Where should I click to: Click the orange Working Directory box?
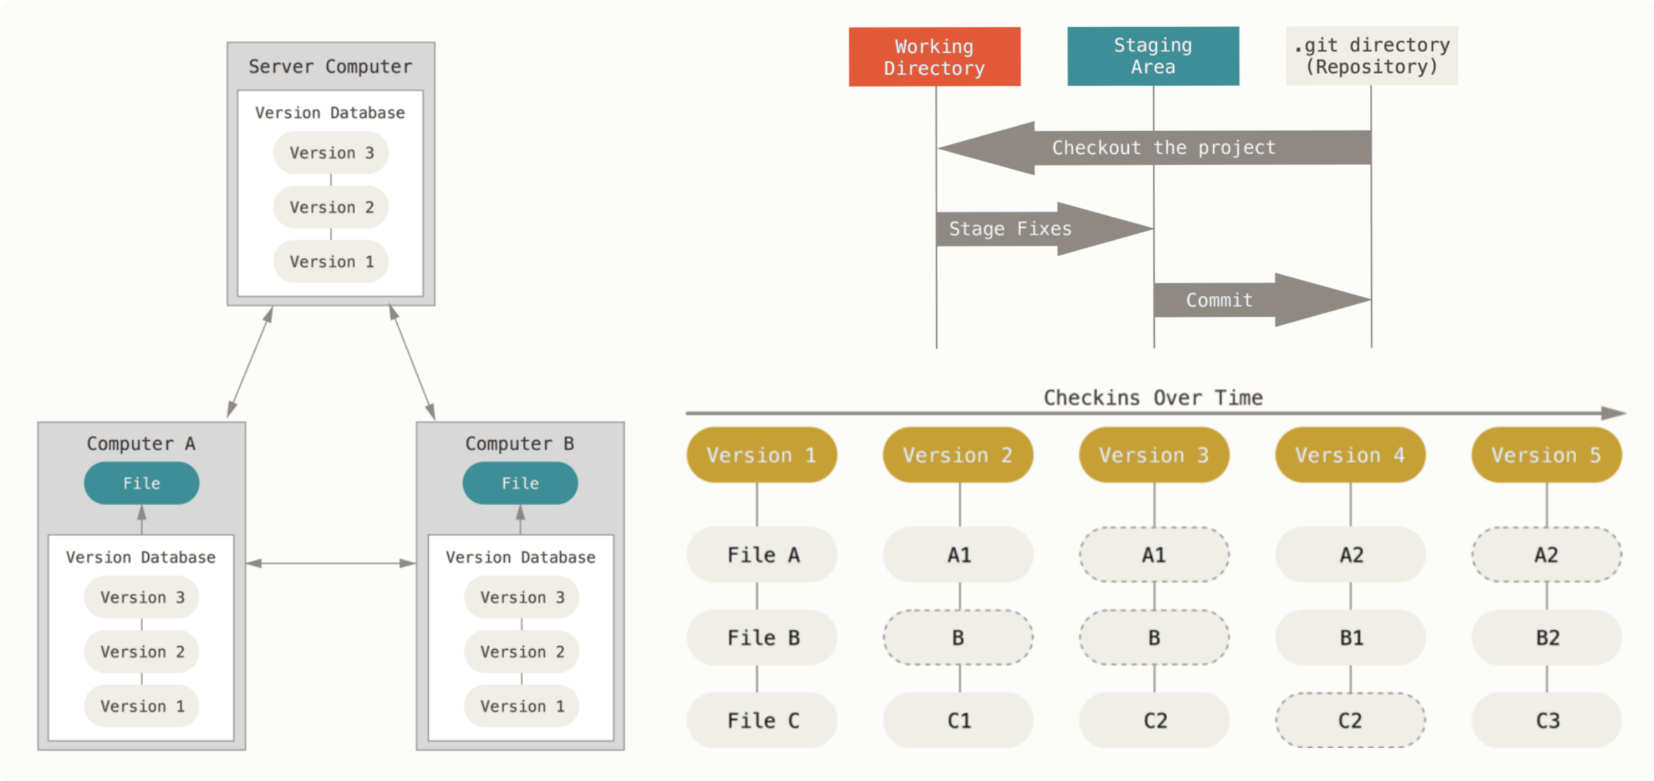(x=934, y=56)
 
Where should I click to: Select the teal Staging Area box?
(x=1153, y=56)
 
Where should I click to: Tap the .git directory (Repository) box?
(x=1372, y=56)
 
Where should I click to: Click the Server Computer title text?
(x=330, y=67)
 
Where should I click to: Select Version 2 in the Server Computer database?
(x=331, y=208)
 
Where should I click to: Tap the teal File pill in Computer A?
(x=141, y=483)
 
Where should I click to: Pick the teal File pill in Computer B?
(x=520, y=483)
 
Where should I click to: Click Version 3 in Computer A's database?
(x=142, y=598)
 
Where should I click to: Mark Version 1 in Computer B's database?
(x=522, y=706)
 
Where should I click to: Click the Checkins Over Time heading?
(x=1152, y=398)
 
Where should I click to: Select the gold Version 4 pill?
(x=1350, y=455)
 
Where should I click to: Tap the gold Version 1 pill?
(x=761, y=455)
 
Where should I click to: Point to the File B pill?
(x=762, y=638)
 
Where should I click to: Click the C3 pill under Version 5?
(x=1547, y=721)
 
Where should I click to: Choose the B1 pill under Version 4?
(x=1350, y=638)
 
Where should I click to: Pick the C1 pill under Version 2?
(x=958, y=721)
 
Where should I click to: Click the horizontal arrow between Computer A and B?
(x=331, y=563)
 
